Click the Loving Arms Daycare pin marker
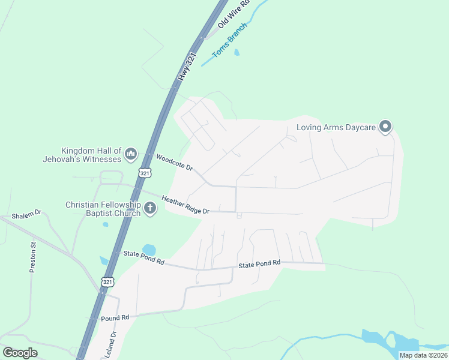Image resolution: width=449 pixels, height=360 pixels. (x=386, y=127)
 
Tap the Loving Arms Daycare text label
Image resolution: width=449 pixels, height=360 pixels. (x=336, y=128)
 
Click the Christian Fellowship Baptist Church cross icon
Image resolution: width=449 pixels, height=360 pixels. (x=150, y=209)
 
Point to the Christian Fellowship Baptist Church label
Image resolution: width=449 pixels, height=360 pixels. (x=103, y=209)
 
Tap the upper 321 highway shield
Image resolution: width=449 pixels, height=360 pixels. (x=144, y=173)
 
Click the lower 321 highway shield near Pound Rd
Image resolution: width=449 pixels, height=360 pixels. (x=106, y=281)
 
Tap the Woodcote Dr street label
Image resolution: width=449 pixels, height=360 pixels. (x=173, y=163)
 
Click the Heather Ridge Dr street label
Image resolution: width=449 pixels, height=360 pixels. (x=185, y=204)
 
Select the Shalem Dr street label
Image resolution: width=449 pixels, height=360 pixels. (x=26, y=214)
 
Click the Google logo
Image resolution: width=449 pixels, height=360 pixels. (x=20, y=352)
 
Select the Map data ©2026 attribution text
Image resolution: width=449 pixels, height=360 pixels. (x=423, y=355)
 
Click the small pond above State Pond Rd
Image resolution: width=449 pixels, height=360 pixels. (x=148, y=250)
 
